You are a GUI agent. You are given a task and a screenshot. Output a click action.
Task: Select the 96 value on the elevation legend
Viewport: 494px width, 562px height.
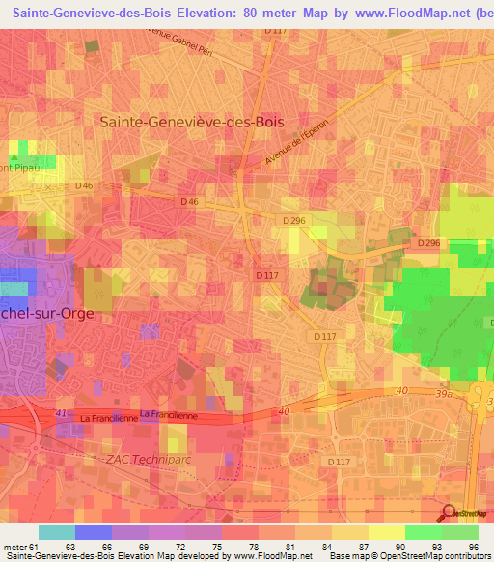(474, 546)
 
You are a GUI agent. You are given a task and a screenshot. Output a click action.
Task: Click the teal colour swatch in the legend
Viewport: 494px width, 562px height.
(56, 532)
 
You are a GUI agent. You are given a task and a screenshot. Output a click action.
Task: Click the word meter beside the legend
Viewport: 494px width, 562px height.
(14, 546)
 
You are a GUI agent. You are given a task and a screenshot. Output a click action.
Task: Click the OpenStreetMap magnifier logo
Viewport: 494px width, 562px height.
(449, 513)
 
